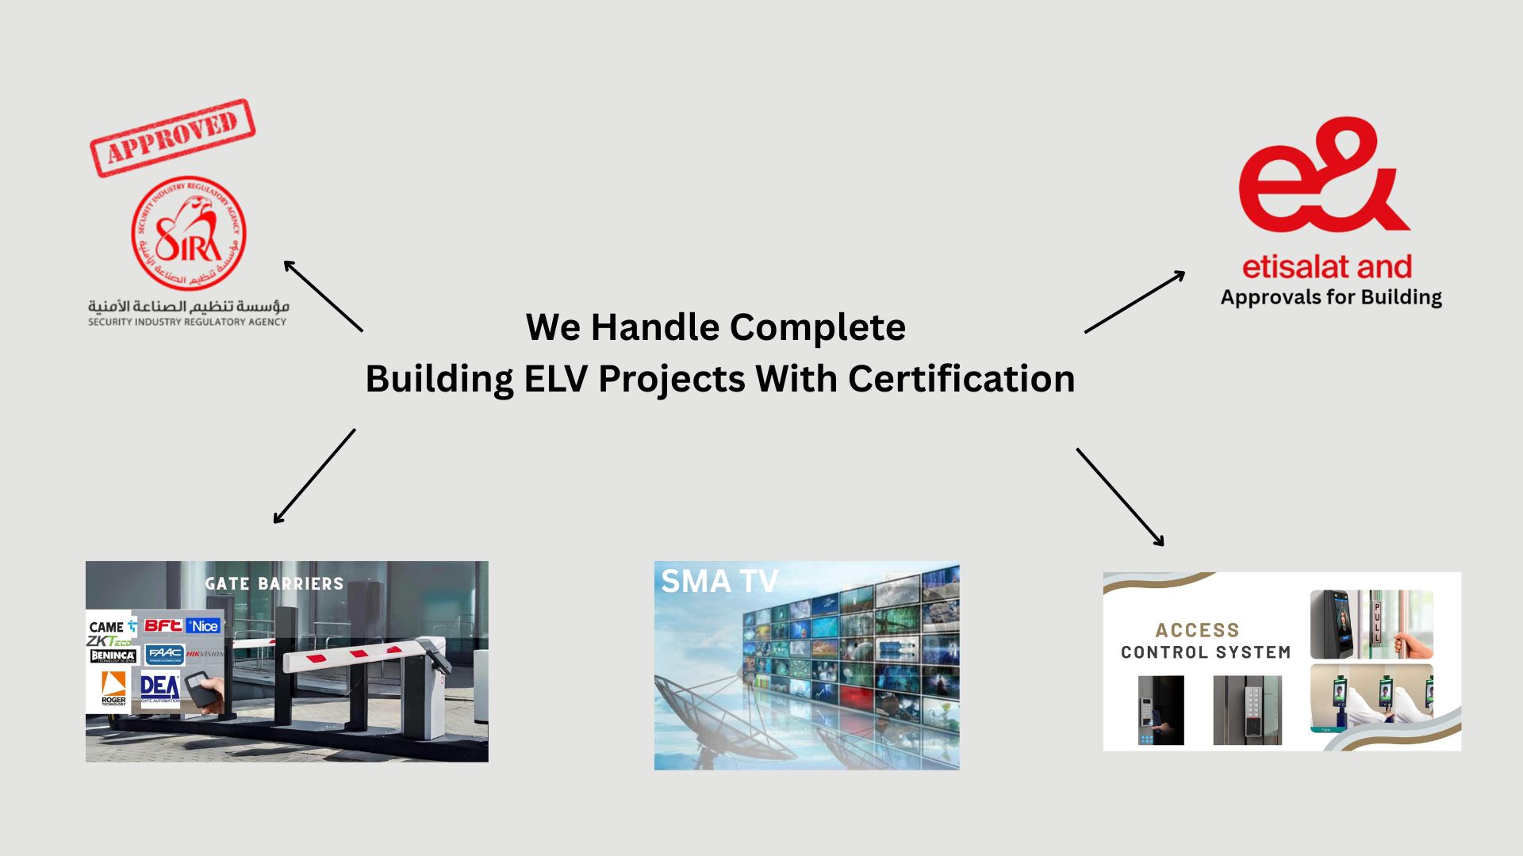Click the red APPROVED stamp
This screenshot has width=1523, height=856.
point(172,138)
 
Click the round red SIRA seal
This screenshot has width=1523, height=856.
point(189,233)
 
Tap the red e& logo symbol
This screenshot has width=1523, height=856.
point(1322,176)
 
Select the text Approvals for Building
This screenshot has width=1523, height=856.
point(1330,298)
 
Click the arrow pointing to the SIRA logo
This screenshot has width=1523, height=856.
point(323,295)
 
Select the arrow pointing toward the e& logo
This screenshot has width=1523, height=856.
point(1134,302)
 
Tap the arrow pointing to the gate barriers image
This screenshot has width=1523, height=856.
point(314,476)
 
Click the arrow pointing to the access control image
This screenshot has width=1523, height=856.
point(1120,497)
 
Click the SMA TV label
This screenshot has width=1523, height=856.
point(719,582)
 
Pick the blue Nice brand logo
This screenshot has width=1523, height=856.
point(204,626)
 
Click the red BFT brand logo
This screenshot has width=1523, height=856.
point(163,625)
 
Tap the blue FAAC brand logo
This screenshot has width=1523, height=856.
point(165,655)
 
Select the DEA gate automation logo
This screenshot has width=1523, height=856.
point(159,688)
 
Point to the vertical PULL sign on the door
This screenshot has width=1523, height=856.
point(1377,622)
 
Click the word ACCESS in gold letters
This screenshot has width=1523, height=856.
point(1197,630)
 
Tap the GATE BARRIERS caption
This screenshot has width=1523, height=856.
point(274,584)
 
